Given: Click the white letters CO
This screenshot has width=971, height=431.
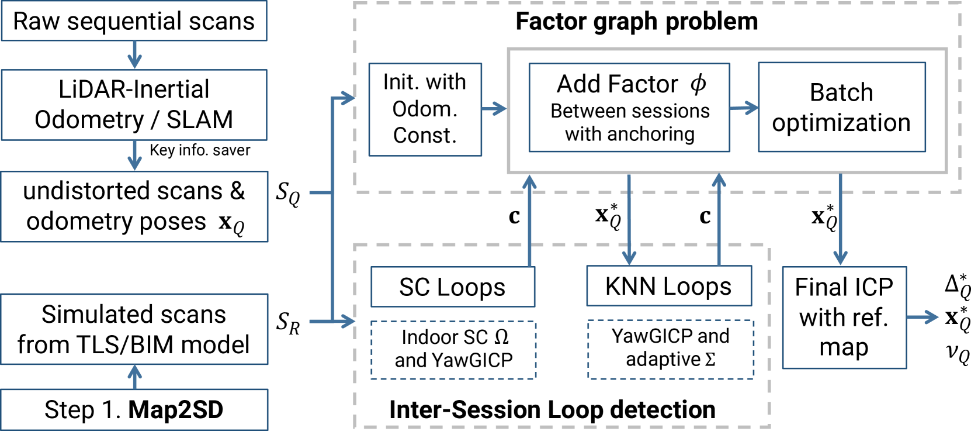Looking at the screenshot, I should click(227, 223).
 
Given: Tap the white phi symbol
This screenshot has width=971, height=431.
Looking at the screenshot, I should click(692, 87).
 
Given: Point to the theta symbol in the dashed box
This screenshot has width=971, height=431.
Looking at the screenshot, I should click(498, 337).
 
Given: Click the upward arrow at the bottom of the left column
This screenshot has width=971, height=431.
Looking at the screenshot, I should click(135, 377).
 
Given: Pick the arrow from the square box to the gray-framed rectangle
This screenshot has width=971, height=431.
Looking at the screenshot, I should click(494, 108).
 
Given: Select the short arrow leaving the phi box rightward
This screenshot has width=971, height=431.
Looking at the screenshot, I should click(744, 108).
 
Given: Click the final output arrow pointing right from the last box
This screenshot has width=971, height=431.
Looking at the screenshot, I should click(923, 318).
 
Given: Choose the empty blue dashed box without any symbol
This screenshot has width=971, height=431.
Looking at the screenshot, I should click(670, 349).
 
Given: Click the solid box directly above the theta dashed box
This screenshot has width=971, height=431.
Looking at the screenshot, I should click(453, 287).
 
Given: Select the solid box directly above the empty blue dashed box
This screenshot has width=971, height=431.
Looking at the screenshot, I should click(669, 285).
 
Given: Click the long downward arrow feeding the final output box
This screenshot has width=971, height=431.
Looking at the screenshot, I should click(840, 219).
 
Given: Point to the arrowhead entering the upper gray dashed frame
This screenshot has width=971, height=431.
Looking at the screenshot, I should click(349, 98).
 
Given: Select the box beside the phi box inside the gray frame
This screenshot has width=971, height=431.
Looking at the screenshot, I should click(842, 107).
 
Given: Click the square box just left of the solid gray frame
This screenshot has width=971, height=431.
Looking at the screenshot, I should click(425, 109).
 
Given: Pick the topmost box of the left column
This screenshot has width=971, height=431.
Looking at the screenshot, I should click(134, 20).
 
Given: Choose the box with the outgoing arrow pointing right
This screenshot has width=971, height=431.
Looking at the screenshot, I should click(844, 318).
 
